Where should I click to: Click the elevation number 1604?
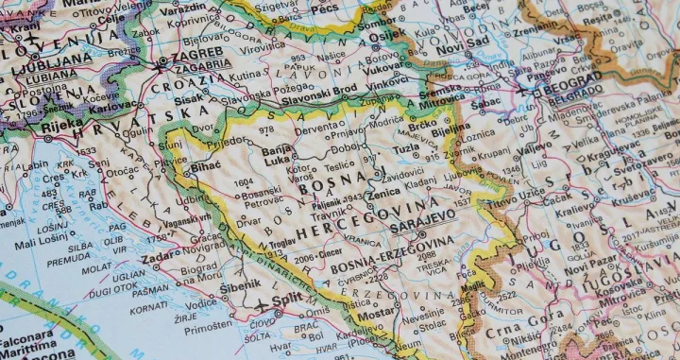coord(244,181)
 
